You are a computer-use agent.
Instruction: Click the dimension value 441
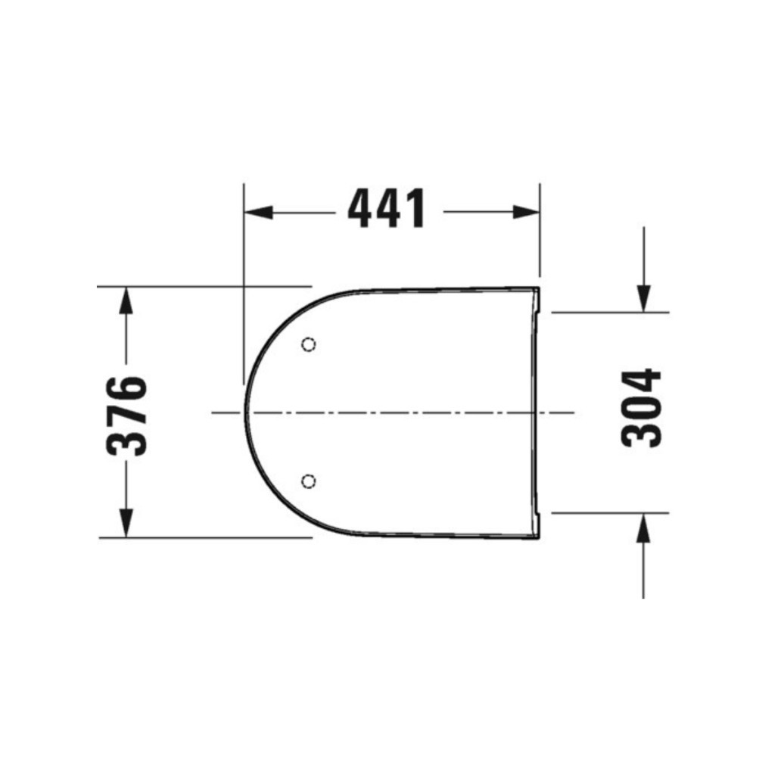[386, 208]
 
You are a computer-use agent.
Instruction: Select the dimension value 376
[127, 416]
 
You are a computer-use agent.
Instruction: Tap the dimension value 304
[641, 408]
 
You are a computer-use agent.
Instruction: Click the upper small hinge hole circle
[309, 344]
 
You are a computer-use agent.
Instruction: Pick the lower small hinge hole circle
[309, 481]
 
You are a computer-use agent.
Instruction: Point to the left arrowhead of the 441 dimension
[259, 212]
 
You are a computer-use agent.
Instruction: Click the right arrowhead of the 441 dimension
[525, 212]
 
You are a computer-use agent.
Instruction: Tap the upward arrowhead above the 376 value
[126, 300]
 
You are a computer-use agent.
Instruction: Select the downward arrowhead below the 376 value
[126, 523]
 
